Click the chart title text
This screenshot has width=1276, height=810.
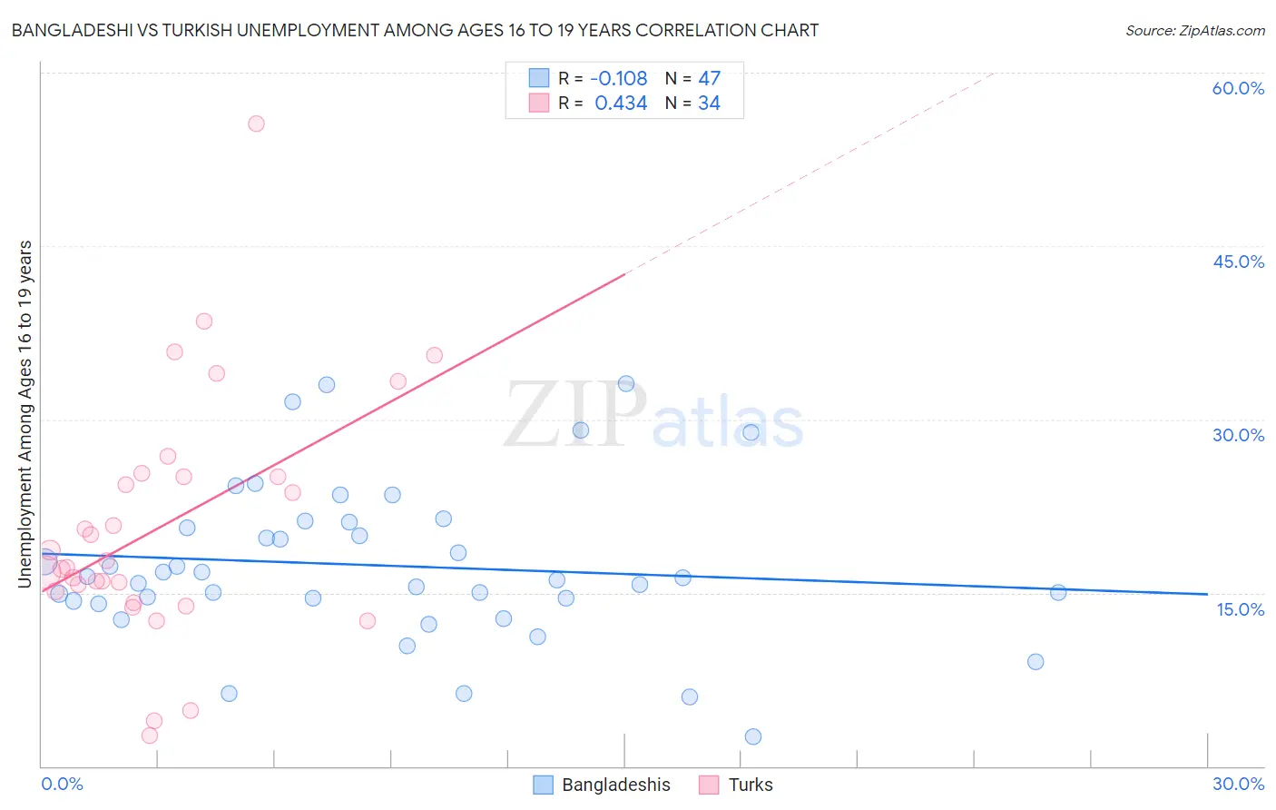[415, 30]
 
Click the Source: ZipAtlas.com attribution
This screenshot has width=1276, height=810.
[1194, 30]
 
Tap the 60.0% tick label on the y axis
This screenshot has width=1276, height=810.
[1238, 88]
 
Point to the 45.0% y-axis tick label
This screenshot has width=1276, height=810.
[1238, 262]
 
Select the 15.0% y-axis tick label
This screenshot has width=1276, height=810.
[1240, 609]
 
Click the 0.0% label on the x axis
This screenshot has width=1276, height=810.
[62, 784]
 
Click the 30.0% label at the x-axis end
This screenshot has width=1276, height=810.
[1238, 784]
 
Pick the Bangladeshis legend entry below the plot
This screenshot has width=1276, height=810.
[602, 785]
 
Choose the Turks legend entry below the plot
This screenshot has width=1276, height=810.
[736, 785]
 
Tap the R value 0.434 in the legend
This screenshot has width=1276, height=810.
[621, 104]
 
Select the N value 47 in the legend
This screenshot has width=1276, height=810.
[709, 79]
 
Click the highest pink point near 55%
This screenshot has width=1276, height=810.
[256, 123]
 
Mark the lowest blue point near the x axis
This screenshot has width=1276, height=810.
[752, 736]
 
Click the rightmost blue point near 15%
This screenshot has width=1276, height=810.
[1058, 592]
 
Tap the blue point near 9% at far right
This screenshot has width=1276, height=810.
[1036, 661]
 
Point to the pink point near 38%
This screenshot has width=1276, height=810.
[204, 321]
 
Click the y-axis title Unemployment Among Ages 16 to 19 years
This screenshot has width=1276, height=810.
[25, 414]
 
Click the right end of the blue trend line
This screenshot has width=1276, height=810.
[1206, 594]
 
